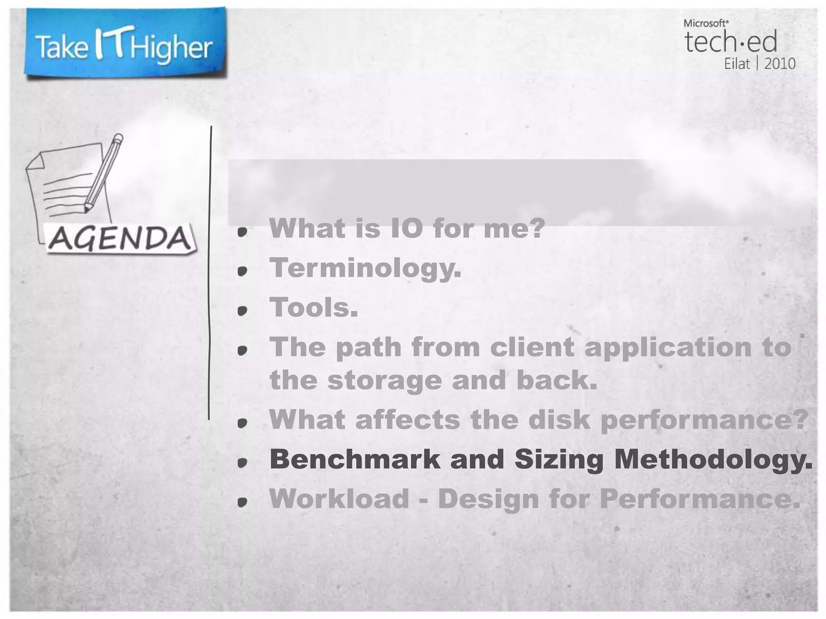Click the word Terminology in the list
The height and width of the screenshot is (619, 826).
pyautogui.click(x=365, y=268)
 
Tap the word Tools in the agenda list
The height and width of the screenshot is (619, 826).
pyautogui.click(x=313, y=307)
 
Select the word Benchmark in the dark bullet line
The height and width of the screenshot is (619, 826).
pyautogui.click(x=355, y=459)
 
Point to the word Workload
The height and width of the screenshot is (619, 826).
pyautogui.click(x=339, y=499)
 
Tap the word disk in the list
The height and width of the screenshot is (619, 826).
pyautogui.click(x=559, y=420)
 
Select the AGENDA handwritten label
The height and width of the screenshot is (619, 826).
pyautogui.click(x=120, y=239)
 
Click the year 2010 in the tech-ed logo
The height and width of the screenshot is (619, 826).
pyautogui.click(x=780, y=64)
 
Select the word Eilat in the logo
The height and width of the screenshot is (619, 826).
pyautogui.click(x=737, y=64)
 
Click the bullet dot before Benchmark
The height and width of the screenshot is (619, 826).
pyautogui.click(x=242, y=463)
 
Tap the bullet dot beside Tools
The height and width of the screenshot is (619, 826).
pyautogui.click(x=242, y=311)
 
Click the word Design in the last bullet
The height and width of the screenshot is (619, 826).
pyautogui.click(x=488, y=499)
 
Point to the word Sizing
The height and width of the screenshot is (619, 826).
pyautogui.click(x=559, y=460)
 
